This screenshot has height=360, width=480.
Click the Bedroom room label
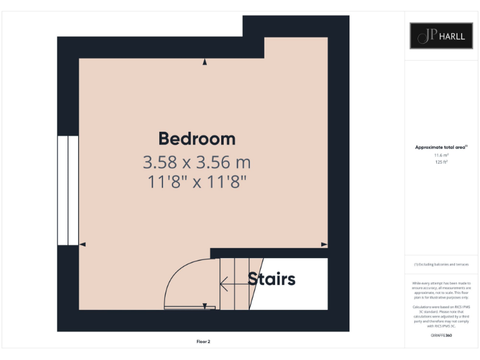coord(196,138)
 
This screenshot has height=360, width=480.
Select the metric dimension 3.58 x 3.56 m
coord(196,162)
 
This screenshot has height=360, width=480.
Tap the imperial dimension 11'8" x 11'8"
coord(196,182)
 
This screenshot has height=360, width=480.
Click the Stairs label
coord(271,279)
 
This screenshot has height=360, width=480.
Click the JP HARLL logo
coord(441,36)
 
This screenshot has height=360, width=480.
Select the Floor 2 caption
coord(203,341)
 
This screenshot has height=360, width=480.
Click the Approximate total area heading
coord(441,147)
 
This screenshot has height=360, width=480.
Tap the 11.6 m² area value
coord(441,154)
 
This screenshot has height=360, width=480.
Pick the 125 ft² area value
coord(441,161)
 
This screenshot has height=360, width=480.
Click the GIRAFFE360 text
coord(441,336)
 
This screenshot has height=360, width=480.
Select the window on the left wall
coord(67,190)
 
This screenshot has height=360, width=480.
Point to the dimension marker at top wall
coord(204,62)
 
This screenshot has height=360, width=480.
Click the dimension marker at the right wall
coord(324,244)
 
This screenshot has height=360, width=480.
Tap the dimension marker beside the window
coord(82,244)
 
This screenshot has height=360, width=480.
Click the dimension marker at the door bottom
coord(204,306)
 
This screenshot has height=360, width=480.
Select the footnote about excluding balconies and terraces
coord(441,264)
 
